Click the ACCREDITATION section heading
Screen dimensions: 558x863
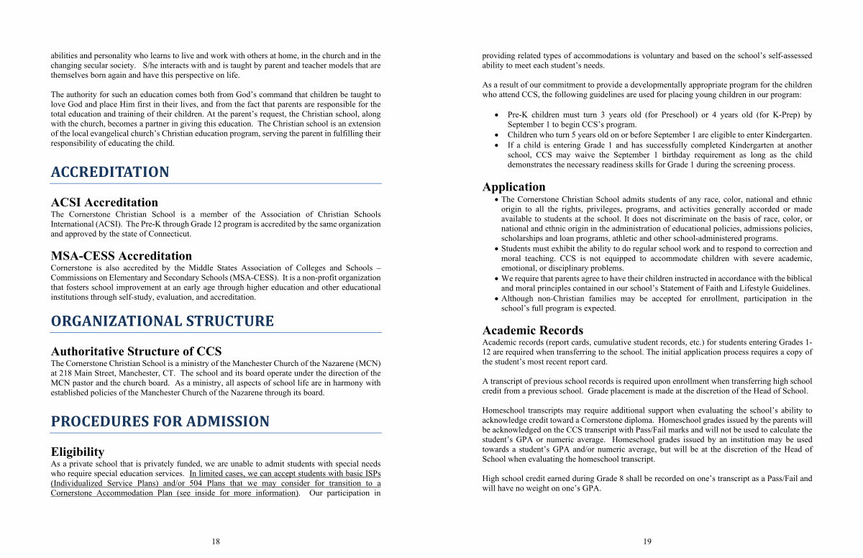click(110, 173)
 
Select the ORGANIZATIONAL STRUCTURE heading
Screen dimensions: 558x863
click(162, 321)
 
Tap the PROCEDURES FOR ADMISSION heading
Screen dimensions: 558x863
click(160, 421)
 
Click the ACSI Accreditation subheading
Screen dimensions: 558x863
click(104, 203)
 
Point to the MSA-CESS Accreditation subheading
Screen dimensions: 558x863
click(122, 256)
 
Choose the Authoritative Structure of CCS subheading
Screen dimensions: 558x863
click(136, 352)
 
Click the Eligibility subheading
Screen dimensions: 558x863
click(78, 452)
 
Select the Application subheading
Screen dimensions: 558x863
click(514, 187)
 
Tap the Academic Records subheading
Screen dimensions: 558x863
click(533, 331)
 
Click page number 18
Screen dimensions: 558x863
click(216, 541)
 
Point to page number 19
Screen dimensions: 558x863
click(647, 541)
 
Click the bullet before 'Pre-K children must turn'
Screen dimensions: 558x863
click(496, 115)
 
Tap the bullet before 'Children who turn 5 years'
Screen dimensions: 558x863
click(496, 135)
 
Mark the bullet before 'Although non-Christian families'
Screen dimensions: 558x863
click(496, 298)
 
